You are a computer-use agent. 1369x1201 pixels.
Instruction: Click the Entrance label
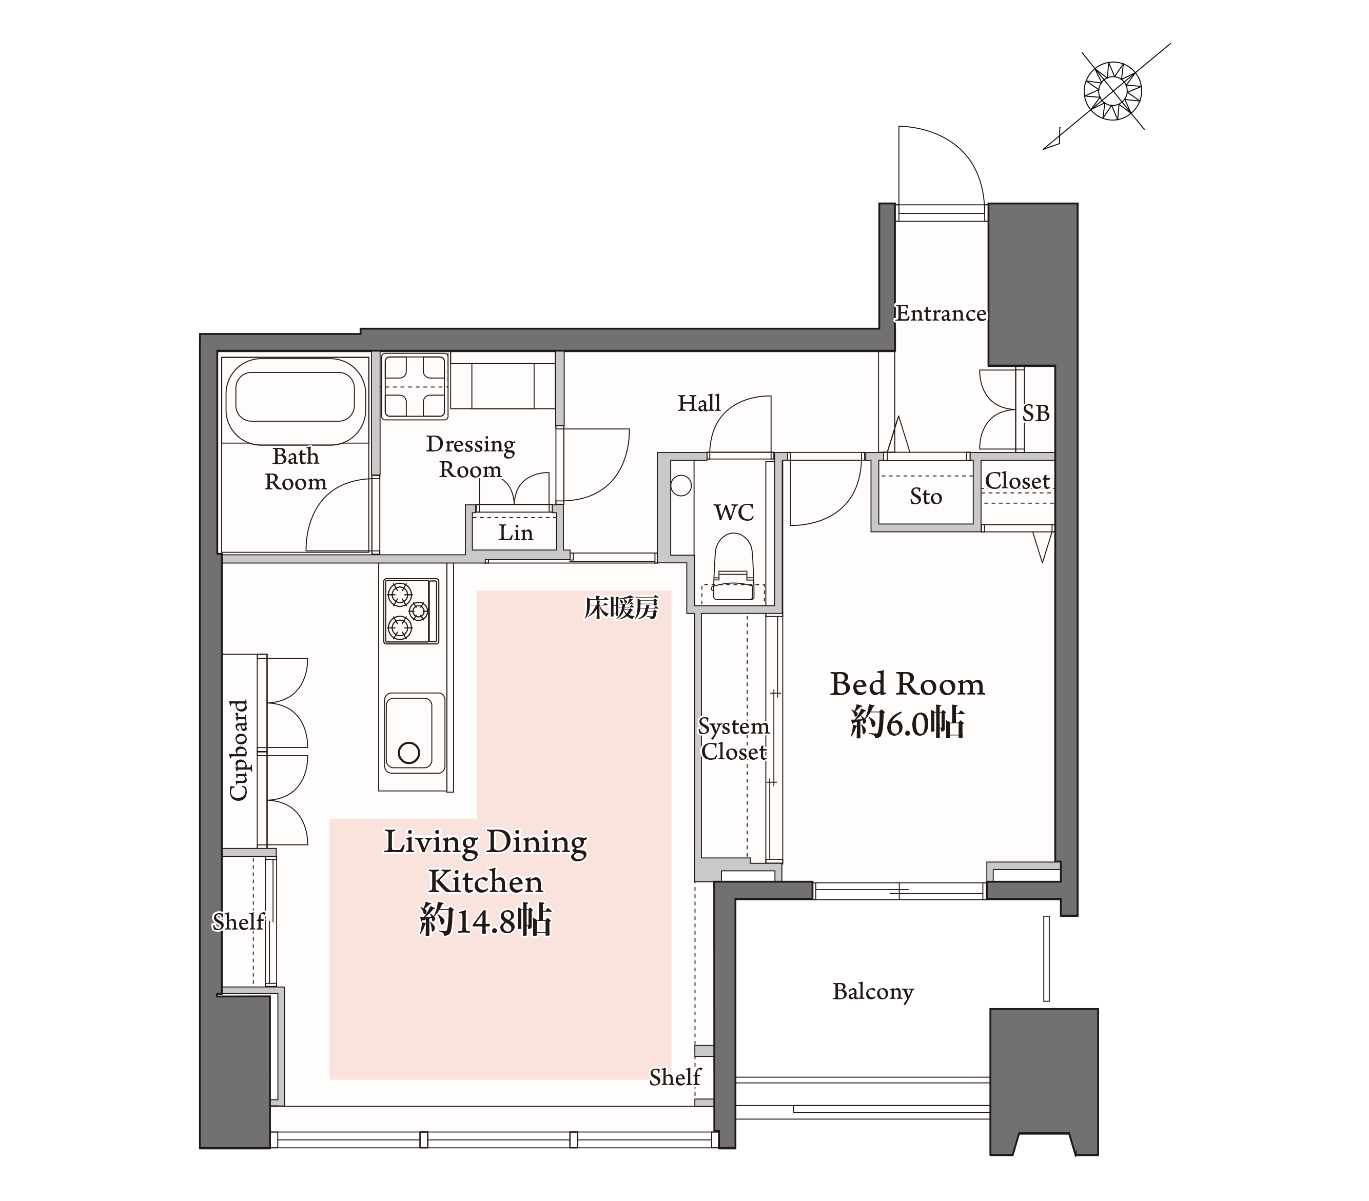point(941,313)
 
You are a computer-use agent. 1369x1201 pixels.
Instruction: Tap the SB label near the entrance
point(1035,414)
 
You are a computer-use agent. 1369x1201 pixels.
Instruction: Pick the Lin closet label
point(516,533)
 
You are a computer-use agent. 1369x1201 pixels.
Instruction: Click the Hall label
point(699,403)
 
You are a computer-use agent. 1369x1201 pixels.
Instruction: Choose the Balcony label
point(873,992)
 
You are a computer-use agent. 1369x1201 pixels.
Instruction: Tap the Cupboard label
point(239,750)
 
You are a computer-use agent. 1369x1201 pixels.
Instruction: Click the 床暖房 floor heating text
point(621,609)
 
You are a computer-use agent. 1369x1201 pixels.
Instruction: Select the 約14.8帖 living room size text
point(485,920)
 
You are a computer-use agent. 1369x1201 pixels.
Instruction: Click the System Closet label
point(733,739)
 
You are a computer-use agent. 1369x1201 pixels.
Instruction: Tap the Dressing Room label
point(470,457)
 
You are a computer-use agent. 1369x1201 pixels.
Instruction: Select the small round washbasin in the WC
point(680,485)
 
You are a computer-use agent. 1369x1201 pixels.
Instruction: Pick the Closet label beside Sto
point(1016,481)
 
